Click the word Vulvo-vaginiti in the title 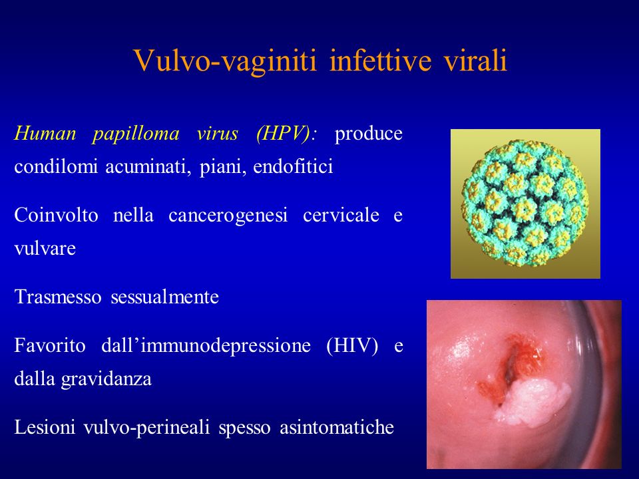[226, 61]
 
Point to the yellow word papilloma [136, 134]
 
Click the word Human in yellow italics [45, 134]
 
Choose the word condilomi [56, 166]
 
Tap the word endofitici [293, 166]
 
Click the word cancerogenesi [228, 216]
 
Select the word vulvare [45, 248]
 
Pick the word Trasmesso [58, 297]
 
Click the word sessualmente [164, 297]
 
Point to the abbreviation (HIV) [352, 346]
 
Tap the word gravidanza [106, 379]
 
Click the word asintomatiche [337, 427]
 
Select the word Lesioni [45, 427]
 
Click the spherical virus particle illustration [525, 204]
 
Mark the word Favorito [50, 346]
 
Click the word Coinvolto [56, 215]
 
